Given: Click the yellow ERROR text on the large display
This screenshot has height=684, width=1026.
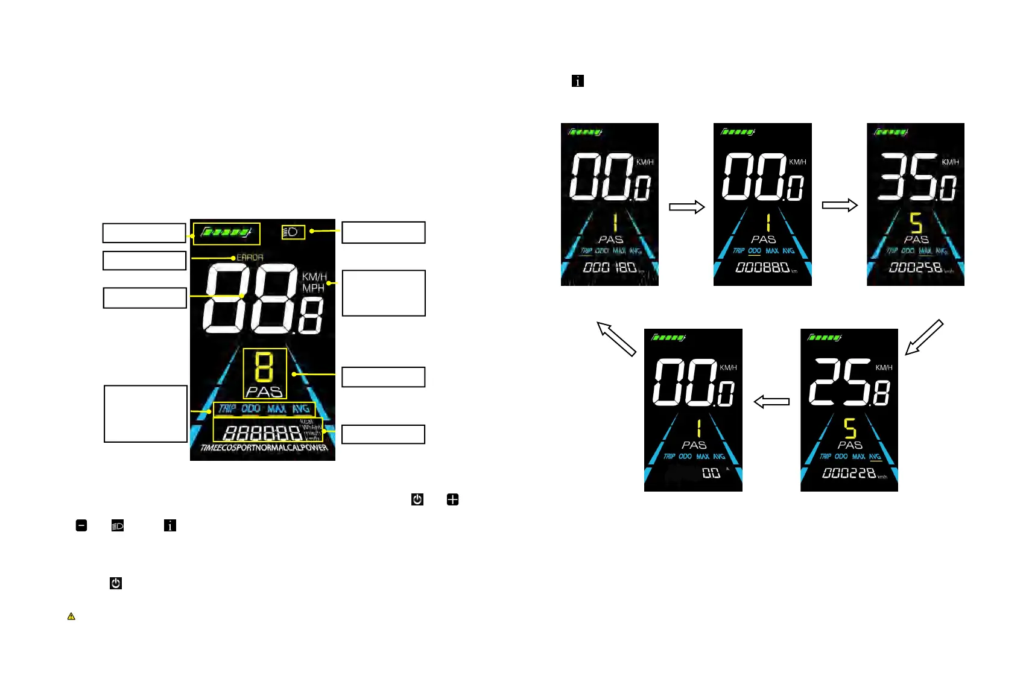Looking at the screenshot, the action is (250, 258).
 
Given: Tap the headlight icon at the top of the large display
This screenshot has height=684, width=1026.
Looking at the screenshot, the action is (293, 232).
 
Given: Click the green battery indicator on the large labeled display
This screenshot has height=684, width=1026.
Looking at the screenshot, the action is (226, 232).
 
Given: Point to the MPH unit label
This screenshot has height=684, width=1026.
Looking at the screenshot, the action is (313, 288).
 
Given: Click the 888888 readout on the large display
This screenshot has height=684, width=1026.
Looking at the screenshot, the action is (262, 432).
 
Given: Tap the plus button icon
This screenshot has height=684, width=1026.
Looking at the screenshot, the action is (452, 499).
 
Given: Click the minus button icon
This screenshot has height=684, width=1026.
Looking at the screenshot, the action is (81, 525).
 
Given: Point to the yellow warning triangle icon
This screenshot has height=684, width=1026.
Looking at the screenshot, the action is (71, 616).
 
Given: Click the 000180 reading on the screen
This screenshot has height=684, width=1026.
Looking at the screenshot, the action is (609, 267).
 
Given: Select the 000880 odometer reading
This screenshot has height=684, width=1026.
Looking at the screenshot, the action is (762, 267).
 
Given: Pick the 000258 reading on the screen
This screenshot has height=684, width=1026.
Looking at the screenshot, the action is (916, 267).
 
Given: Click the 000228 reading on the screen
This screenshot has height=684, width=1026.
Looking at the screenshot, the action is (849, 473).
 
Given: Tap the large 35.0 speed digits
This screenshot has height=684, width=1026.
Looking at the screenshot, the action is (916, 176).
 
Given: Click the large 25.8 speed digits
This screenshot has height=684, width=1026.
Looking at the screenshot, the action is (849, 382).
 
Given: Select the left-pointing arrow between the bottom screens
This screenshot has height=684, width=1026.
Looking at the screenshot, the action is (771, 402).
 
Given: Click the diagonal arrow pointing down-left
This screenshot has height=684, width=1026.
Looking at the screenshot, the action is (923, 337).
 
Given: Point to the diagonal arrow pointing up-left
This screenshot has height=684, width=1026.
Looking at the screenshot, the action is (616, 338).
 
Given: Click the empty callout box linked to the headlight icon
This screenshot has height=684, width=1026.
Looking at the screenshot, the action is (384, 233).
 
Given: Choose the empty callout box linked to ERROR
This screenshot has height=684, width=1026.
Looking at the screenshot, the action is (144, 261).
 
